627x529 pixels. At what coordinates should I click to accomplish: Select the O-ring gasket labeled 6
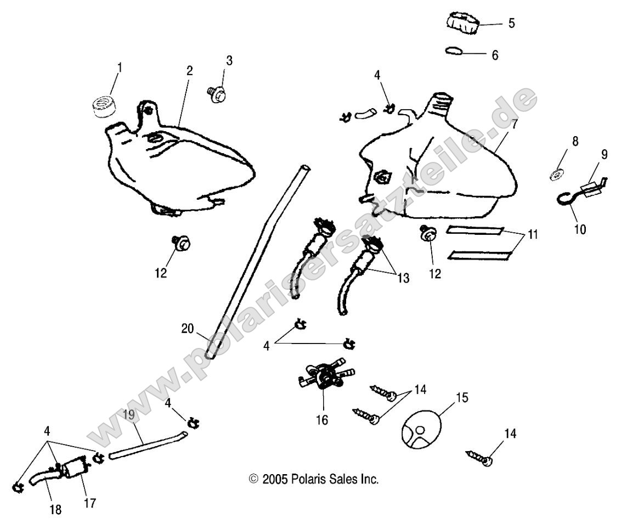(x=453, y=51)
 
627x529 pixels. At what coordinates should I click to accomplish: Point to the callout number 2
(x=189, y=71)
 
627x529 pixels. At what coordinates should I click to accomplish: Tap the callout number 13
(x=403, y=278)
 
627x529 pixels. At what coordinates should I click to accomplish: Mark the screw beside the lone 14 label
(x=481, y=458)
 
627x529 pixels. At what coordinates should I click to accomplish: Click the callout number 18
(x=55, y=510)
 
